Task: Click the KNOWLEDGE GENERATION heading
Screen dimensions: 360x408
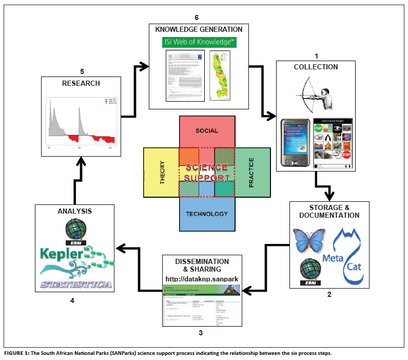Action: pyautogui.click(x=199, y=30)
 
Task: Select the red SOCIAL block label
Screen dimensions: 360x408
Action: pyautogui.click(x=207, y=131)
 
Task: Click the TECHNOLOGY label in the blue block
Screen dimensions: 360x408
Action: pyautogui.click(x=207, y=214)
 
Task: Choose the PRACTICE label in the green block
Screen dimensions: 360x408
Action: pyautogui.click(x=251, y=173)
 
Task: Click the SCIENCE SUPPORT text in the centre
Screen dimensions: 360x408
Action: pyautogui.click(x=207, y=173)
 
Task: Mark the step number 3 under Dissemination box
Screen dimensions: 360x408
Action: pyautogui.click(x=200, y=333)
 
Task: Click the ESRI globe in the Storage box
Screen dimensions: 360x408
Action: pyautogui.click(x=311, y=271)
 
